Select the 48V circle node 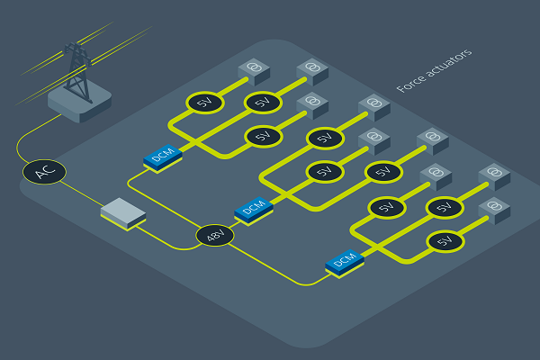click(x=215, y=237)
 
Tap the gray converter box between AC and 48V click(x=123, y=212)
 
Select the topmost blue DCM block click(x=163, y=157)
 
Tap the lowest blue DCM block click(x=345, y=261)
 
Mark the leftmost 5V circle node click(x=204, y=103)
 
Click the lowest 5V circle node click(x=443, y=241)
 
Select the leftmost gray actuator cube click(x=253, y=71)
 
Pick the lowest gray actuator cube click(x=492, y=209)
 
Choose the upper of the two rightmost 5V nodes click(x=443, y=207)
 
